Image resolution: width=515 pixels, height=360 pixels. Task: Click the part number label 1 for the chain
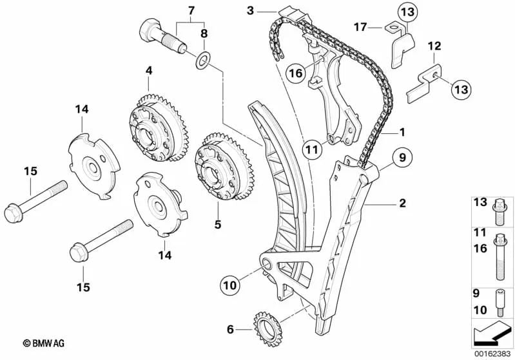(402, 133)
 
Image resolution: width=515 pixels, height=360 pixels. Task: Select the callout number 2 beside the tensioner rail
(402, 204)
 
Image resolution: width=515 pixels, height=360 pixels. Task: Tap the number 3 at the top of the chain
(251, 10)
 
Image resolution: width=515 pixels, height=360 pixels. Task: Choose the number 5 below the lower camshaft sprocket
(218, 224)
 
